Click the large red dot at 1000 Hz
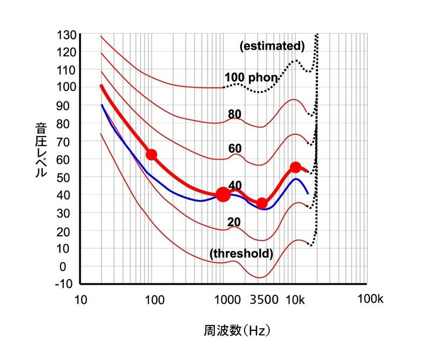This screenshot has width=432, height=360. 223,194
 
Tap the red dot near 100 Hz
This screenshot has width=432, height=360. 152,155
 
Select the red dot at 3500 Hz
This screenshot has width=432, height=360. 262,203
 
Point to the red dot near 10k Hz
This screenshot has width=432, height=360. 295,167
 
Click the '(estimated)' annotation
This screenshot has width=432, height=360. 272,46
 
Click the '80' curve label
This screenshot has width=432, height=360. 235,114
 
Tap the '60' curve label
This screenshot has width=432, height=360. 235,148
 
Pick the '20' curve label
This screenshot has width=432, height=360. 234,222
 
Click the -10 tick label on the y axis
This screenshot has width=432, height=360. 65,284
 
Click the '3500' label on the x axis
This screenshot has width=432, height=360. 265,300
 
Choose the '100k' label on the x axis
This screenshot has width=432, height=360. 370,300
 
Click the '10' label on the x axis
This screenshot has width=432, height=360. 80,300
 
